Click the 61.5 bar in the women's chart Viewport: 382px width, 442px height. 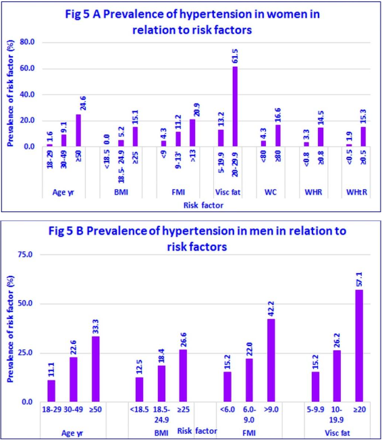[236, 106]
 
